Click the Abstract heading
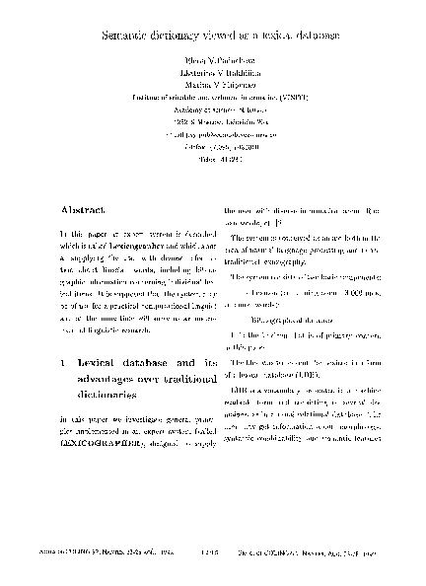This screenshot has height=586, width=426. (80, 211)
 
